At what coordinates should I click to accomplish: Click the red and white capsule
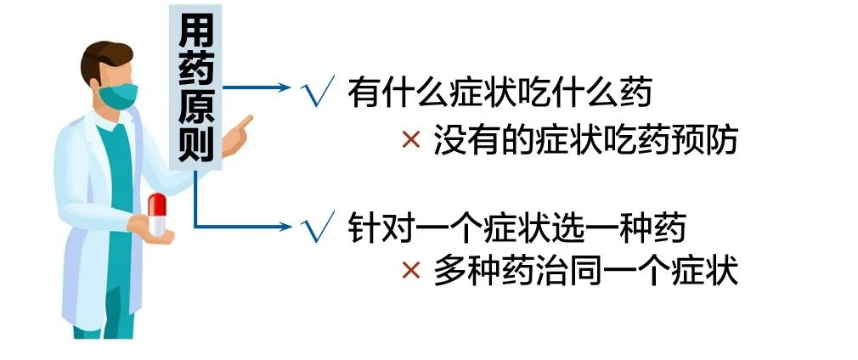coord(157,214)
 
